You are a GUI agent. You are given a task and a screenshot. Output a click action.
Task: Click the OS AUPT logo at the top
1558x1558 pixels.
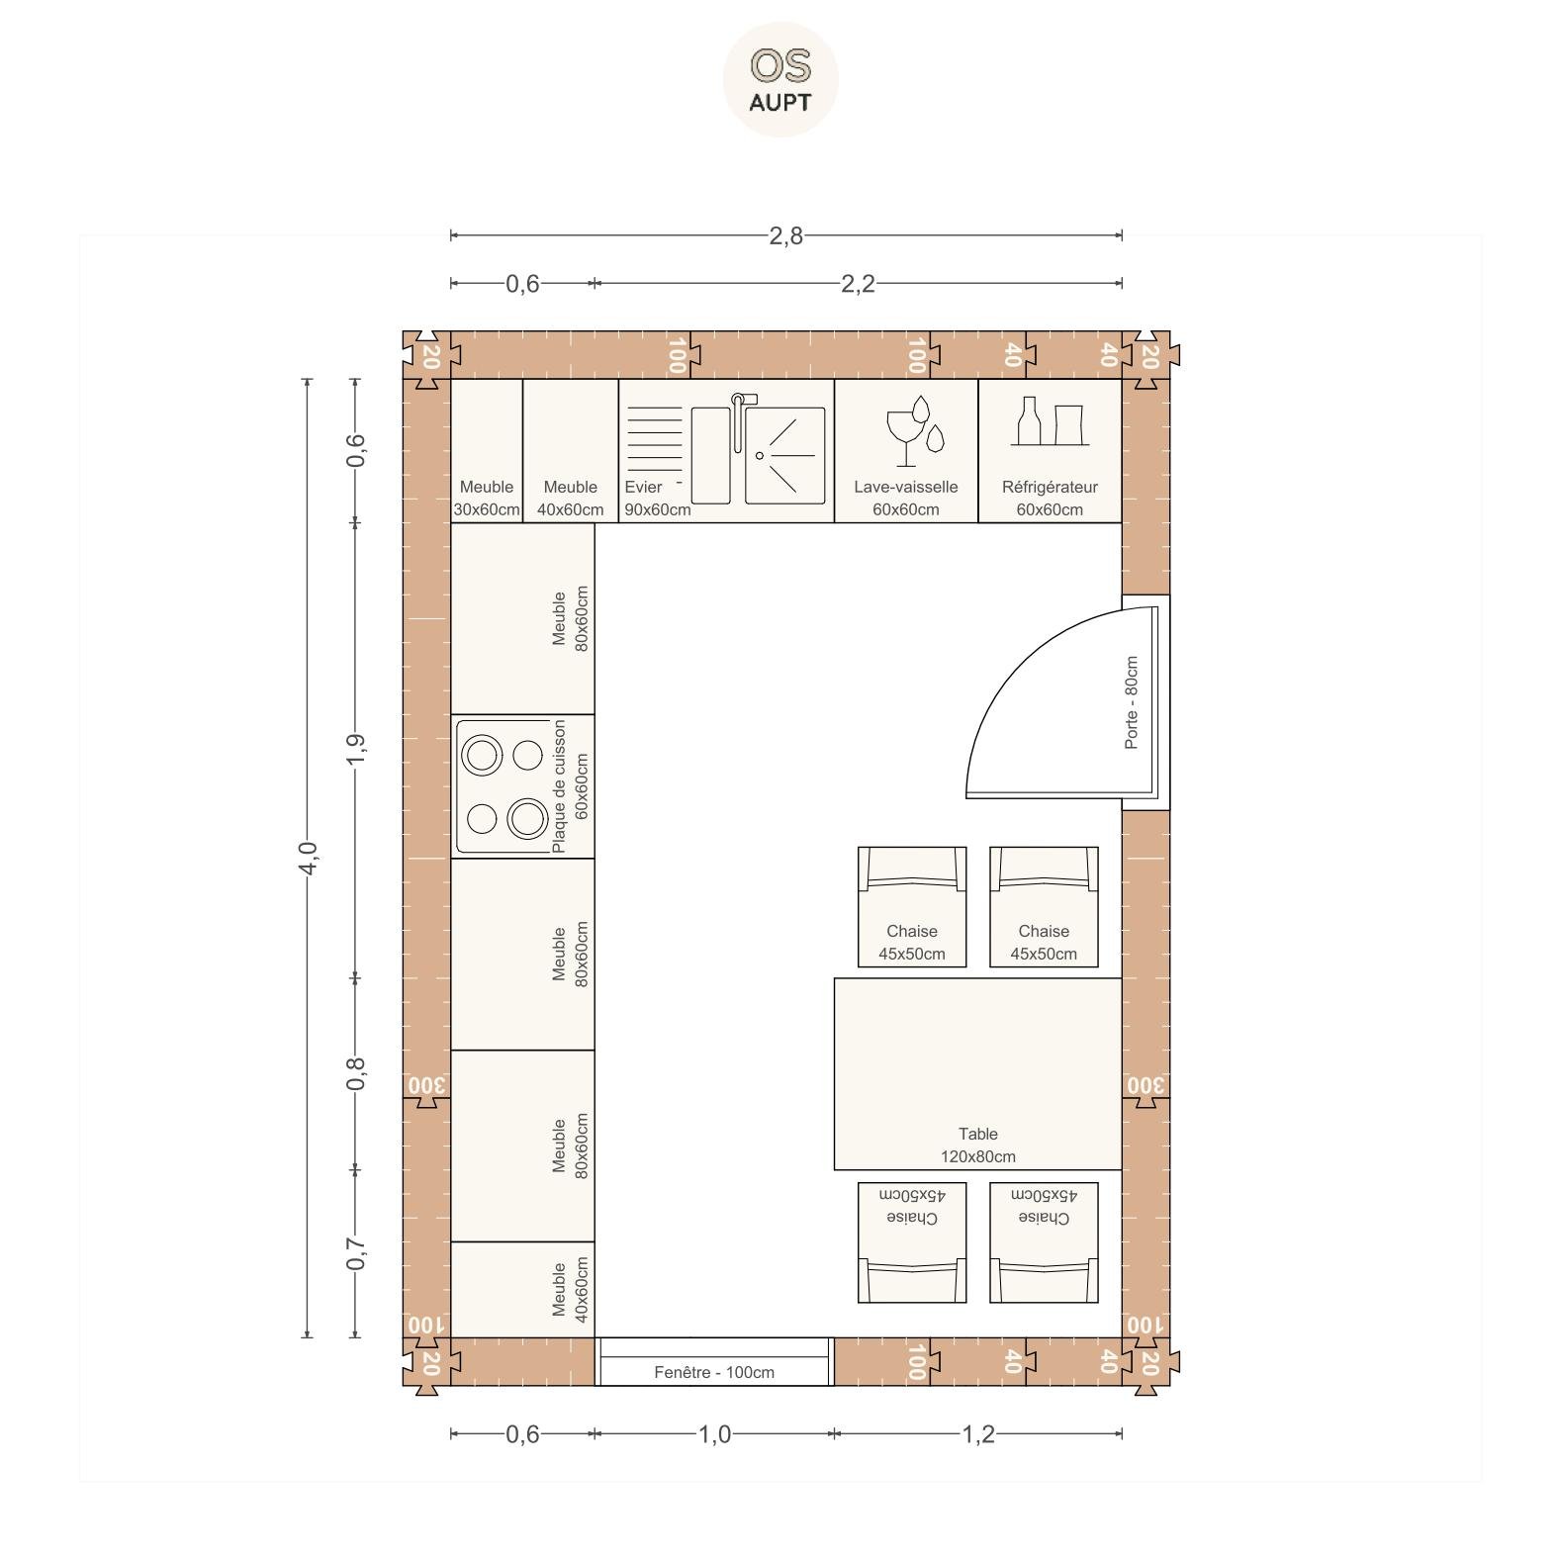pos(780,79)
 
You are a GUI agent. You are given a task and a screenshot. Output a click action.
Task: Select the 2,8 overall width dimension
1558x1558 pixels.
pos(786,235)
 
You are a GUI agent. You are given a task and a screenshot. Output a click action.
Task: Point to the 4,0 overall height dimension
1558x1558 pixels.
pos(308,858)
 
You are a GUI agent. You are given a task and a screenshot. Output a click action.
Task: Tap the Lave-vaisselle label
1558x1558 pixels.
pos(906,487)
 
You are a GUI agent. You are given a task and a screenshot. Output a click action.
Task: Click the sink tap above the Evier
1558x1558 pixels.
pos(741,420)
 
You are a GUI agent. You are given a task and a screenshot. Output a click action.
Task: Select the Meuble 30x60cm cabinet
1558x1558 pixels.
pos(487,451)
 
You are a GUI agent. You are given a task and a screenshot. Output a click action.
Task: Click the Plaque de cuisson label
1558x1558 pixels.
pos(559,786)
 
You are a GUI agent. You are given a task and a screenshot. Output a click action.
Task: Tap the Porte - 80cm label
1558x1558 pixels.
pos(1132,702)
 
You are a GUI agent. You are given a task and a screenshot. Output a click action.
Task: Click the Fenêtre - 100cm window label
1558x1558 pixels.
pos(714,1372)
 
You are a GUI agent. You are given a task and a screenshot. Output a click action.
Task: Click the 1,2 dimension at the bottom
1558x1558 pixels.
pos(978,1434)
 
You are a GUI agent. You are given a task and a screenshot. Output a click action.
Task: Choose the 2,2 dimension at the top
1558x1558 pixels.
pos(858,284)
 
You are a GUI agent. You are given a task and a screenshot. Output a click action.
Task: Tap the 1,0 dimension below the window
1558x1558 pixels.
pos(714,1434)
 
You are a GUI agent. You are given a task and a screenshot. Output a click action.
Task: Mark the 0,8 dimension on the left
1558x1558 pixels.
pos(356,1073)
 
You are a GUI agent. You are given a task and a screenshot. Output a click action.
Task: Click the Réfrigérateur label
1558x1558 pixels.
pos(1050,487)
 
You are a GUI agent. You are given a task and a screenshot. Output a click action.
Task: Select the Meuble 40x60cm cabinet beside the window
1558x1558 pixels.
pos(523,1290)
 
